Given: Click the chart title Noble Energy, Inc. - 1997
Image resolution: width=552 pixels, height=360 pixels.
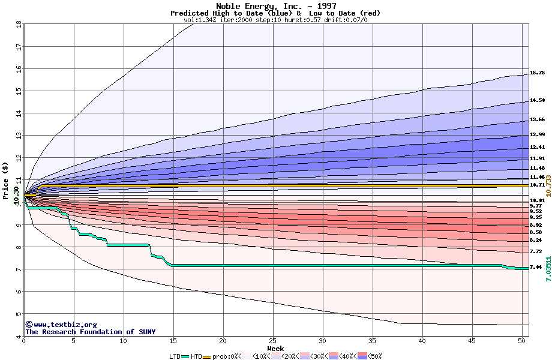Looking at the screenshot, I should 276,6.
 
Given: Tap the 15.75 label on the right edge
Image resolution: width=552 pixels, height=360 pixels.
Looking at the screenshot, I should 537,73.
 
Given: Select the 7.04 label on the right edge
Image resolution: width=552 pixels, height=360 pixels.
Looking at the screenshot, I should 536,267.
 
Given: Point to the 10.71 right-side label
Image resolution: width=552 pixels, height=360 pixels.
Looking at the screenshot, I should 537,185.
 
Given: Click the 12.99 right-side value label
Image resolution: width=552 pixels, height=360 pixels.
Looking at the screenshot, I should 537,134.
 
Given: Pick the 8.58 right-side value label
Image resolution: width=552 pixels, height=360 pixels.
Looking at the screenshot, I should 536,232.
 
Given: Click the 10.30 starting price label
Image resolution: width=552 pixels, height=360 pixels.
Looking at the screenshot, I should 16,195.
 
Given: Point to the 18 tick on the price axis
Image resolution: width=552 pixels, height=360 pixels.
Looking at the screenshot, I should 18,24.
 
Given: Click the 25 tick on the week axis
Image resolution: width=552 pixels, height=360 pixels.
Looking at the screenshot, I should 273,341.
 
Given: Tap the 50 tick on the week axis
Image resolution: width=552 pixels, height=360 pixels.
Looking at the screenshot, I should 521,341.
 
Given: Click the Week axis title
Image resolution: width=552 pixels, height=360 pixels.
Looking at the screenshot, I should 275,348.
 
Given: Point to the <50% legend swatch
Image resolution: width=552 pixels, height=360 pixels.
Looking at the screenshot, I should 363,356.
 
